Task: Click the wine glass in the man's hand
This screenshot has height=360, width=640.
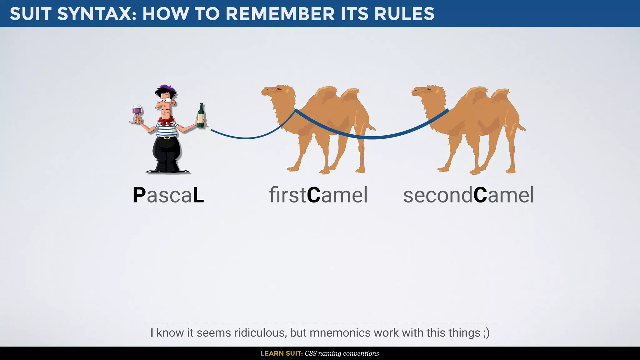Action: click(137, 111)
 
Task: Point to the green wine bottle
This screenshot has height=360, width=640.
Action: click(201, 116)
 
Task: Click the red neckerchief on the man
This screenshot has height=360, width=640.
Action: click(166, 121)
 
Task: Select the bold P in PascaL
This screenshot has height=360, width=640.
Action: click(139, 195)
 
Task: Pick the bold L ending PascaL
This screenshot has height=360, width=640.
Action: click(198, 195)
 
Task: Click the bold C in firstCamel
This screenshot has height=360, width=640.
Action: click(313, 195)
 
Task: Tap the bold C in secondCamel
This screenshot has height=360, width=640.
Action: click(480, 195)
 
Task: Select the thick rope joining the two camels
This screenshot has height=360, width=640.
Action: click(372, 137)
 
